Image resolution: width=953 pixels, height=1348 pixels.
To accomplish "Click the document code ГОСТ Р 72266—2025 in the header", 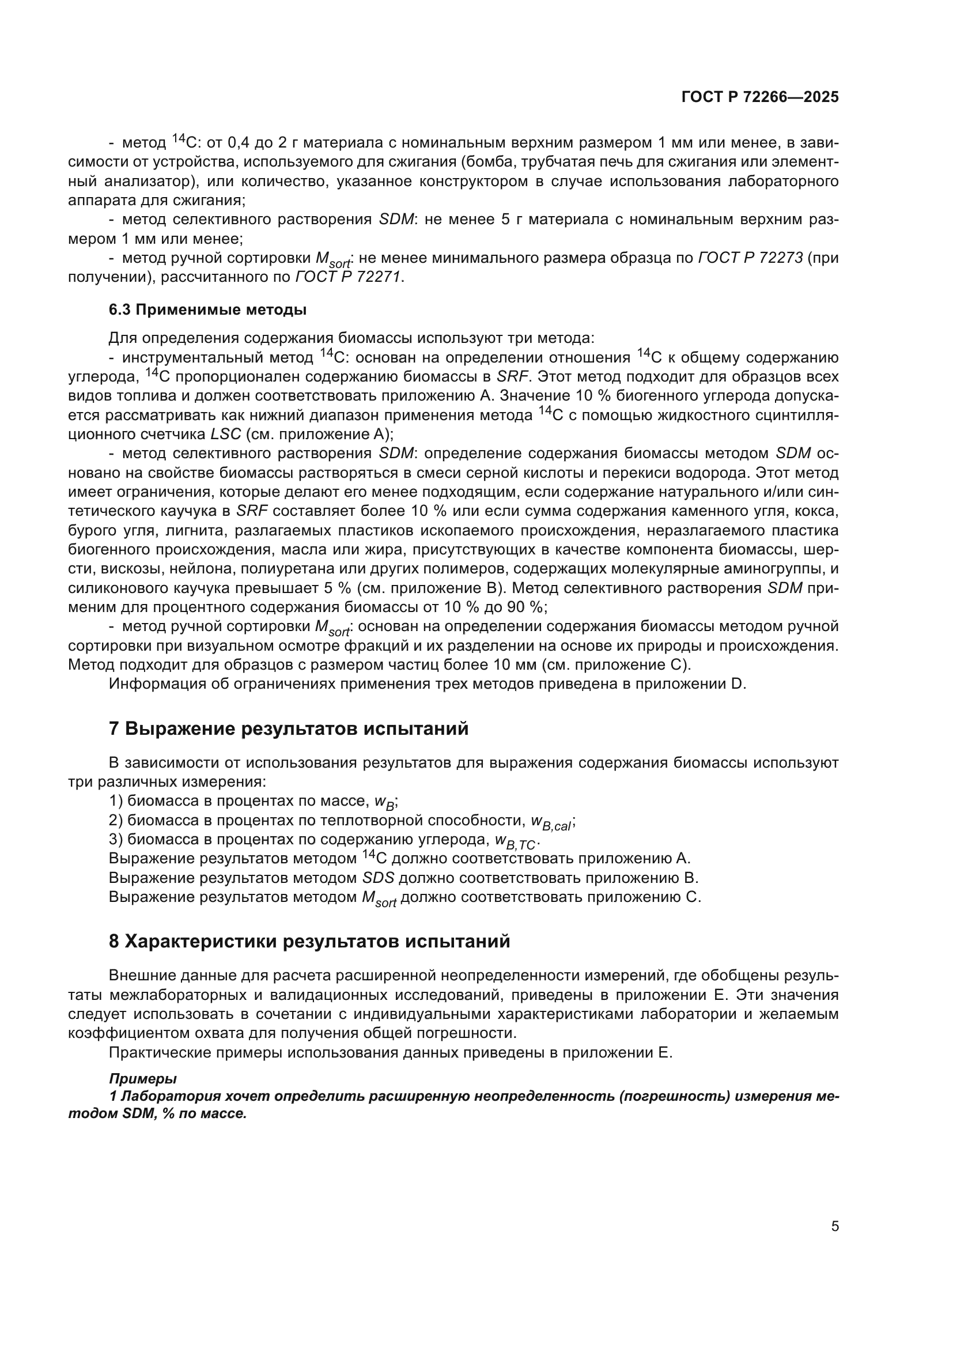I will point(760,97).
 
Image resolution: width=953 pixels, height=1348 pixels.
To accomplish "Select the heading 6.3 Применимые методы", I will point(207,310).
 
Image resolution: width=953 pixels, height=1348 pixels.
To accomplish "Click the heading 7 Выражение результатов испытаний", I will point(289,728).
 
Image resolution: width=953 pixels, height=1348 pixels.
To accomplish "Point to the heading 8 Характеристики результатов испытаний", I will point(309,941).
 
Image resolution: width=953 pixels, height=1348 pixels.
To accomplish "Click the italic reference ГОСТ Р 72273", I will point(750,258).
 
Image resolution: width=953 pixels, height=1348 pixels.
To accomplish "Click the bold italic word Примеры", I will point(142,1078).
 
